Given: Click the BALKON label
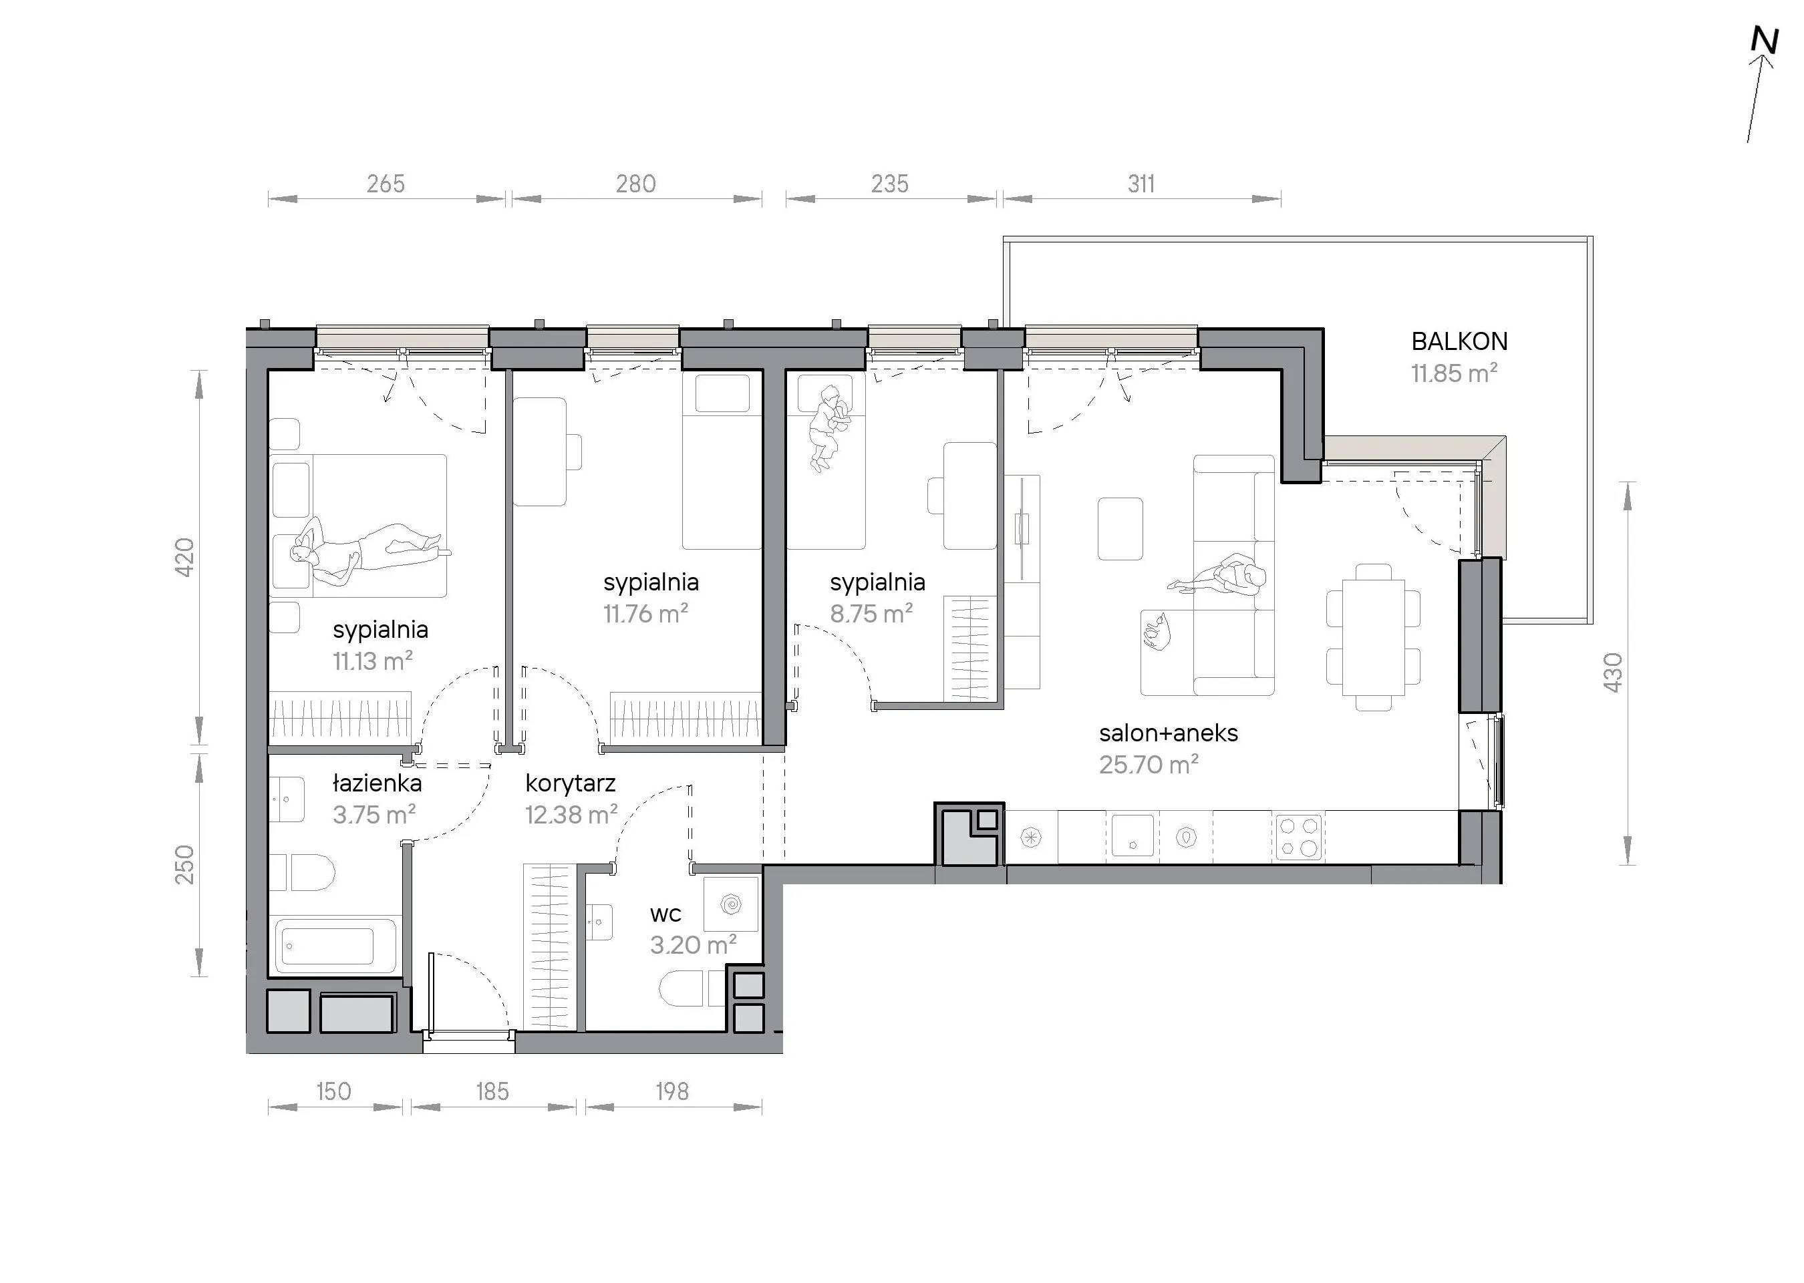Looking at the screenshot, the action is [x=1459, y=341].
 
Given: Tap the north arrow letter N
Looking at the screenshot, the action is [x=1765, y=41].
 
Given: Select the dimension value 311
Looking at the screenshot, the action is [x=1141, y=184].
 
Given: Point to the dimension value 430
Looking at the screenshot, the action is [x=1613, y=673].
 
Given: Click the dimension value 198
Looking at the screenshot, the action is [x=671, y=1092].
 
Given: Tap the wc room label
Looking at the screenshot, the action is [x=665, y=915].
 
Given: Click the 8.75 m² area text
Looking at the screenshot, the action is [x=871, y=614].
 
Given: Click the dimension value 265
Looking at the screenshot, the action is [x=386, y=184].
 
